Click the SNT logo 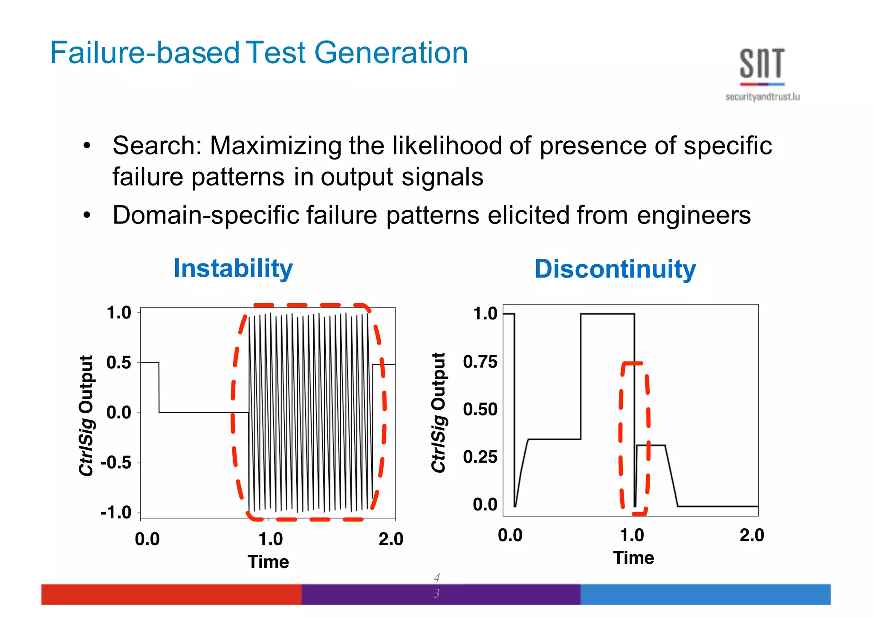(762, 64)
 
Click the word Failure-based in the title (145, 53)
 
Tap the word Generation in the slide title (391, 53)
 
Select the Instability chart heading (233, 268)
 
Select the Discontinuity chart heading (615, 269)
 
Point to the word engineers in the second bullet (694, 215)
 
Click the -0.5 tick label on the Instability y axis (116, 462)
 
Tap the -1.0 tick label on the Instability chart (116, 512)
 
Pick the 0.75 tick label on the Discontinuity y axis (480, 362)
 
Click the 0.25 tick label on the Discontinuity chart (480, 457)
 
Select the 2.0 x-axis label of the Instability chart (391, 539)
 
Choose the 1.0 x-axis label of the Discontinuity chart (632, 535)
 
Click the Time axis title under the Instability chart (268, 562)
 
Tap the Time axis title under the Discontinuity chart (633, 558)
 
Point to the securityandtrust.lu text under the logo (762, 97)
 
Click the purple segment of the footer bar (441, 594)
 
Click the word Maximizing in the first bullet (276, 146)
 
